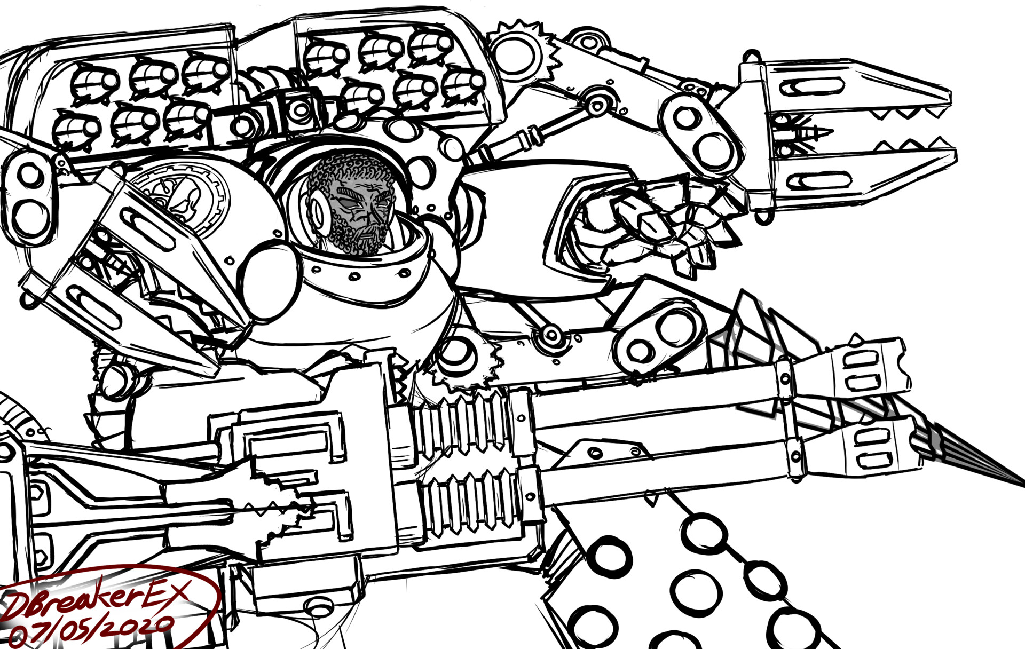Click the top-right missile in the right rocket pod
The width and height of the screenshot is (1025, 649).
pyautogui.click(x=430, y=45)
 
